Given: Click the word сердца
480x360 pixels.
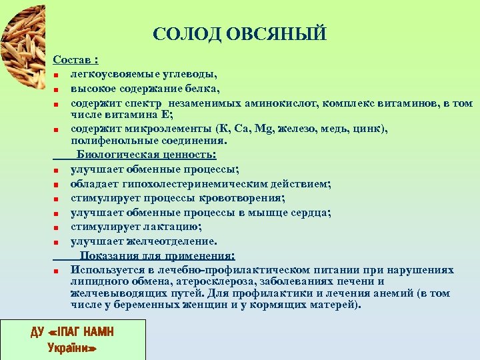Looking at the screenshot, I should point(311,213).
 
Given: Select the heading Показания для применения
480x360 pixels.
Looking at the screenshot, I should point(157,255).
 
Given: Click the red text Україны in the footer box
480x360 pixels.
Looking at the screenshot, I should point(73,347).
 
